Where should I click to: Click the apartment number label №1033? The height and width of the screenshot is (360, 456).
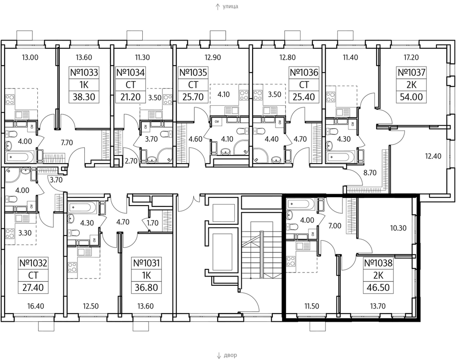84,72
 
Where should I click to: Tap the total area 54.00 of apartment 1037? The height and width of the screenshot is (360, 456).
411,97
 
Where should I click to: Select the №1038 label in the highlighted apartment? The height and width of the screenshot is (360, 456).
378,263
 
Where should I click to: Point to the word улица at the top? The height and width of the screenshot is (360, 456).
230,6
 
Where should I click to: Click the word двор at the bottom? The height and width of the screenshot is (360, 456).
231,355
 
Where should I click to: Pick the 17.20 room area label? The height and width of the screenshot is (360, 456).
411,57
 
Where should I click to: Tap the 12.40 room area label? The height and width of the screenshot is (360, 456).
433,156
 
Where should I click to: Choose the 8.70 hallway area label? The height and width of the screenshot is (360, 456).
370,173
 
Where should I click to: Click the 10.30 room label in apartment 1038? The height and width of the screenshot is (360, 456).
399,228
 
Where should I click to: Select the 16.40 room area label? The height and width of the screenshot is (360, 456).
36,306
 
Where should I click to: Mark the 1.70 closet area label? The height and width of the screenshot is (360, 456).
152,223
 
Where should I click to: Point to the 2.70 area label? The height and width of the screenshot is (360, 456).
131,161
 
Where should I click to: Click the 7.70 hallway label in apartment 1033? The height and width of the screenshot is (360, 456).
67,142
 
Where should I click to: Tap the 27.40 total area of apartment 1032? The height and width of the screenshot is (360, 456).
33,288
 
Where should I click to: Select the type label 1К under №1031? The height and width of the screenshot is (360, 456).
146,275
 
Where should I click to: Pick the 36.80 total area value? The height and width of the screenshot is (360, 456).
146,288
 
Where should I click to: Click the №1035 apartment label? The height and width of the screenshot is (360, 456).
193,72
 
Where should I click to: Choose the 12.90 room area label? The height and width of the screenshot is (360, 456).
212,57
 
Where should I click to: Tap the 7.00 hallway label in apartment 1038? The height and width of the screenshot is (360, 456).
335,226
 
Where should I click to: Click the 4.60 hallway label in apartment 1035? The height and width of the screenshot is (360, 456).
196,139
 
